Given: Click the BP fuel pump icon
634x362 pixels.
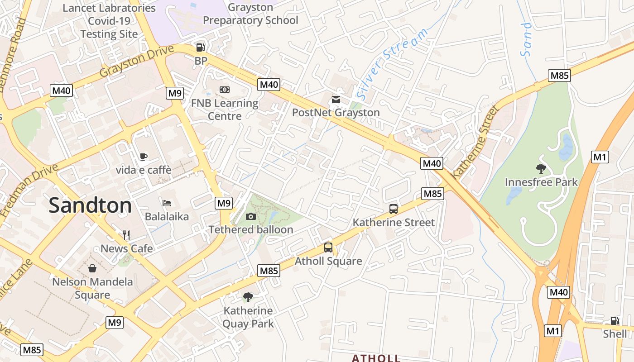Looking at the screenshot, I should pyautogui.click(x=200, y=47).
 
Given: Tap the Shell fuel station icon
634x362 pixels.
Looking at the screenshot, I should pyautogui.click(x=615, y=321).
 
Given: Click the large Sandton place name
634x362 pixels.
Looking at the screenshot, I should pyautogui.click(x=90, y=205).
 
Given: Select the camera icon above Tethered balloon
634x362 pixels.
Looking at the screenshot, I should pyautogui.click(x=250, y=216).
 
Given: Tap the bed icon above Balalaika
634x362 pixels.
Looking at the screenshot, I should pyautogui.click(x=167, y=203).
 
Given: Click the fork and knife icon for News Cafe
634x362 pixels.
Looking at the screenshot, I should pyautogui.click(x=126, y=235).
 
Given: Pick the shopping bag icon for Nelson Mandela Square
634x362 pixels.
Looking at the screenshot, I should pyautogui.click(x=92, y=268).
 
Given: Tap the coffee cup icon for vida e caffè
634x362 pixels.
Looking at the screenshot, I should pyautogui.click(x=144, y=157).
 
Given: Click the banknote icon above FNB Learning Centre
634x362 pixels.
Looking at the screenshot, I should pyautogui.click(x=224, y=90).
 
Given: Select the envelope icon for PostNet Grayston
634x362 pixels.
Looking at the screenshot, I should pyautogui.click(x=336, y=99).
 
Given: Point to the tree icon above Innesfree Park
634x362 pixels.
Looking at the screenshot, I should pyautogui.click(x=541, y=169).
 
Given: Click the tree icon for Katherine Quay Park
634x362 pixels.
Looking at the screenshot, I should pyautogui.click(x=248, y=297).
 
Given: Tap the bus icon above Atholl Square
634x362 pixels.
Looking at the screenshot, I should pyautogui.click(x=328, y=248).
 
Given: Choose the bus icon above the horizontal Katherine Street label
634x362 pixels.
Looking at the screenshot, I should pyautogui.click(x=394, y=209).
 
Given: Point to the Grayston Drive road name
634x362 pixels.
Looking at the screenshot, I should pyautogui.click(x=136, y=61).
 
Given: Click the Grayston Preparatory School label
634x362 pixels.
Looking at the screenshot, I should pyautogui.click(x=250, y=14).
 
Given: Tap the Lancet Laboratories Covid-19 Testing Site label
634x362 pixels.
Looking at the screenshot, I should pyautogui.click(x=109, y=21).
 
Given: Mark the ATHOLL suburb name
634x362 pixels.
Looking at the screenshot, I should pyautogui.click(x=376, y=358).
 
